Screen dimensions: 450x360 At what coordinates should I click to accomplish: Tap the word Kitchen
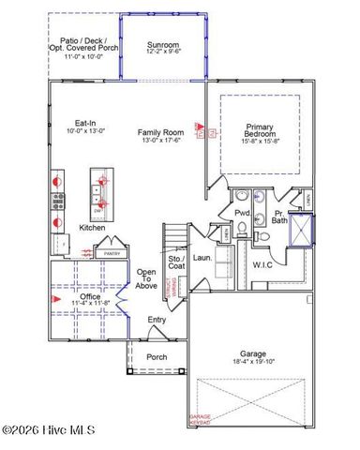click(92, 228)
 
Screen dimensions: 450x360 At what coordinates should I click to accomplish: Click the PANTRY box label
click(112, 253)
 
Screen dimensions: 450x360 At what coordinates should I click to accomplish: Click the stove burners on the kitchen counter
click(57, 200)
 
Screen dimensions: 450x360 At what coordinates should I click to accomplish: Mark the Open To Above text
click(147, 279)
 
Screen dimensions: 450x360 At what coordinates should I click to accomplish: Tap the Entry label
click(157, 321)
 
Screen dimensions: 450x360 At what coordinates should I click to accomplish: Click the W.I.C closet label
click(262, 265)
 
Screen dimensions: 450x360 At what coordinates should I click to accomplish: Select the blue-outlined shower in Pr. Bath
click(302, 230)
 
